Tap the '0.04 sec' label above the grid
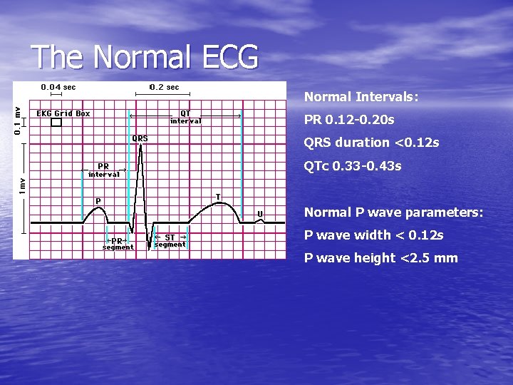pyautogui.click(x=58, y=87)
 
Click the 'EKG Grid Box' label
pyautogui.click(x=63, y=113)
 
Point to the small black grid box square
pyautogui.click(x=56, y=123)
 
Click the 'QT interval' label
pyautogui.click(x=185, y=117)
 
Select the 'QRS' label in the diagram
pyautogui.click(x=140, y=138)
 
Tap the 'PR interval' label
pyautogui.click(x=104, y=170)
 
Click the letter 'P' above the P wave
pyautogui.click(x=98, y=201)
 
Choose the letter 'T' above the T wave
pyautogui.click(x=218, y=197)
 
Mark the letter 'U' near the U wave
pyautogui.click(x=260, y=213)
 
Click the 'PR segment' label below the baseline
pyautogui.click(x=118, y=244)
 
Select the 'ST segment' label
pyautogui.click(x=170, y=241)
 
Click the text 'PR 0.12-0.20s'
pyautogui.click(x=349, y=119)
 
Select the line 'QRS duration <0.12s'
pyautogui.click(x=371, y=143)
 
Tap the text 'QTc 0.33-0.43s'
pyautogui.click(x=353, y=166)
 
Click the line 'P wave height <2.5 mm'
pyautogui.click(x=380, y=258)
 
